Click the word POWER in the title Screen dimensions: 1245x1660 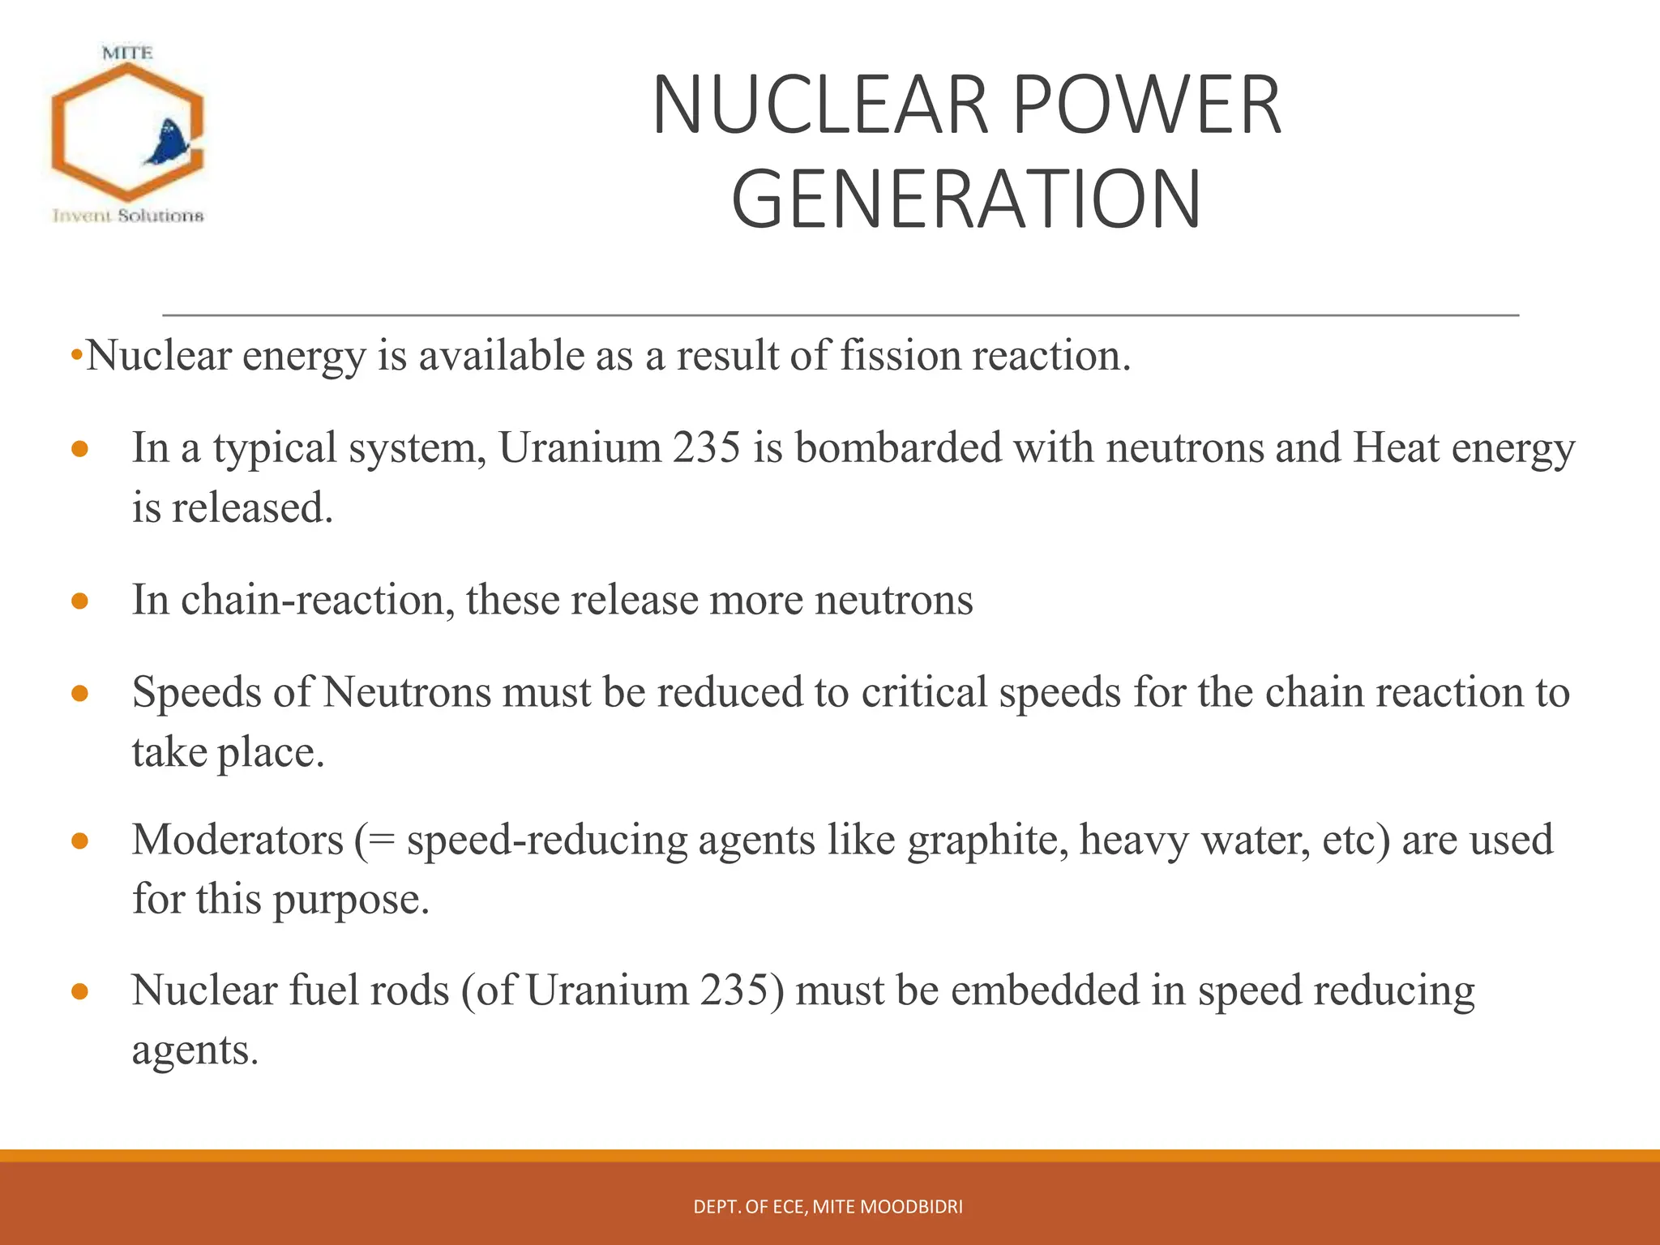(x=1147, y=105)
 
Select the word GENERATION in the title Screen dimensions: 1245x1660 (x=966, y=199)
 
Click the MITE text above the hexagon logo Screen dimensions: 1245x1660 (x=127, y=53)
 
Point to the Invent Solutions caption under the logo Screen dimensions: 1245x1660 (x=128, y=216)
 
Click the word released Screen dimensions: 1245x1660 (x=252, y=508)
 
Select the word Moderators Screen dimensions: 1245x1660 (x=238, y=840)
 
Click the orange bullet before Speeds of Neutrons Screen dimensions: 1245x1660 (x=79, y=693)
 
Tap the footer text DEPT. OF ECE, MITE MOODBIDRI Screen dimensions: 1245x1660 (x=828, y=1207)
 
